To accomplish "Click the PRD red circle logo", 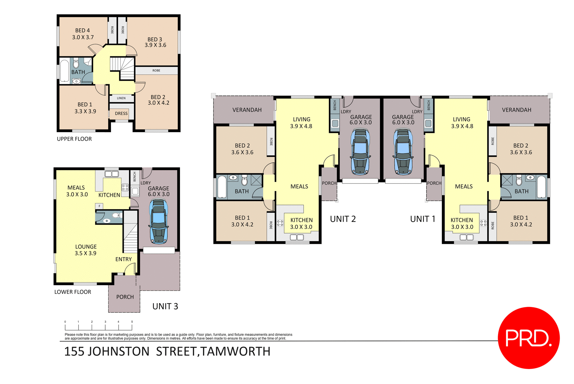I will (x=528, y=338).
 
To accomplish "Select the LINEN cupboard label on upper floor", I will (x=121, y=98).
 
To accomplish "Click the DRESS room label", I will (x=121, y=114).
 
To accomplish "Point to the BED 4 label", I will (x=83, y=31).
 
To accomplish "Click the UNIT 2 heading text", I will (x=343, y=219).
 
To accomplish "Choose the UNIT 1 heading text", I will (x=422, y=219).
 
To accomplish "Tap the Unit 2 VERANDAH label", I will (x=247, y=110).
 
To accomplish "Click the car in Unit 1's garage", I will (x=403, y=151).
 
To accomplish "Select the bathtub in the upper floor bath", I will (x=65, y=71).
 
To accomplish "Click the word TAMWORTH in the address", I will (x=236, y=351).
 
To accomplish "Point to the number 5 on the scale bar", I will (x=132, y=322).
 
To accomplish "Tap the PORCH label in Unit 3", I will (x=125, y=297).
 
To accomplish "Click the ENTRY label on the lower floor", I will (x=123, y=259).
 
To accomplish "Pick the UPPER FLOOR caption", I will (x=74, y=139).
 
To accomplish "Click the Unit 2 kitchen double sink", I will (x=297, y=237).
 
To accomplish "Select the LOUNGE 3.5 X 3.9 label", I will (x=86, y=250).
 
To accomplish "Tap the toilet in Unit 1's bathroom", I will (x=519, y=181).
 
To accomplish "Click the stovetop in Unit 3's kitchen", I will (x=125, y=188).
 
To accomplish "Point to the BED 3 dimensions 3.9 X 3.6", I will (x=155, y=45).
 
